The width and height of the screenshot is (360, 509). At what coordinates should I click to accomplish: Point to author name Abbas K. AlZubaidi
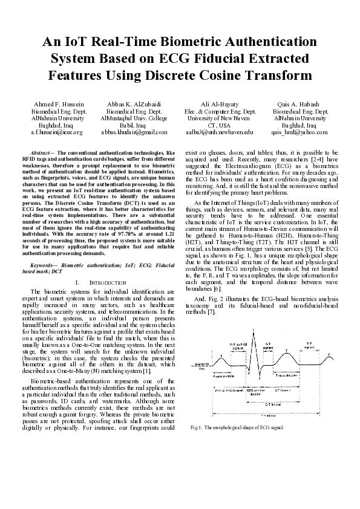(133, 105)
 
